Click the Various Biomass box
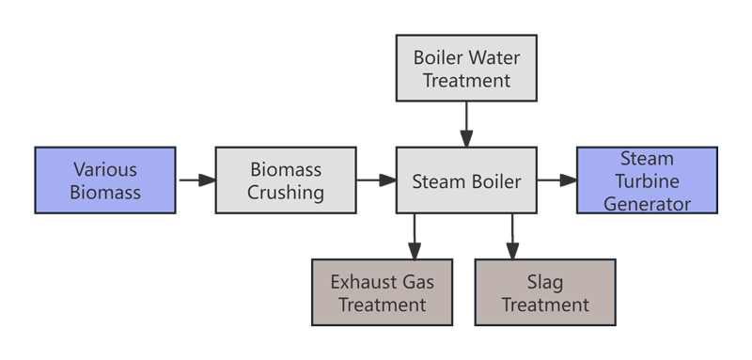click(105, 180)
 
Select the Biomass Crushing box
click(286, 180)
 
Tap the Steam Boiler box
click(466, 180)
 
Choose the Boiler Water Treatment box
click(466, 69)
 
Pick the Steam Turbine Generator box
click(647, 180)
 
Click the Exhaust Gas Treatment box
click(382, 292)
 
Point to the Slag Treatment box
click(545, 292)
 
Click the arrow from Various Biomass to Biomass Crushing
click(196, 180)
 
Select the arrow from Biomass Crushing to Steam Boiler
click(376, 180)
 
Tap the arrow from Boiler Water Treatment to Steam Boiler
click(466, 123)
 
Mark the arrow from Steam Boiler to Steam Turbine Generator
click(556, 180)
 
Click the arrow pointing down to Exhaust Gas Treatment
click(415, 236)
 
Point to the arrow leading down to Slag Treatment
click(512, 236)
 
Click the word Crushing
click(286, 193)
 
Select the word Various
click(105, 170)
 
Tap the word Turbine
click(647, 180)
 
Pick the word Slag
click(545, 281)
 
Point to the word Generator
click(647, 202)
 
